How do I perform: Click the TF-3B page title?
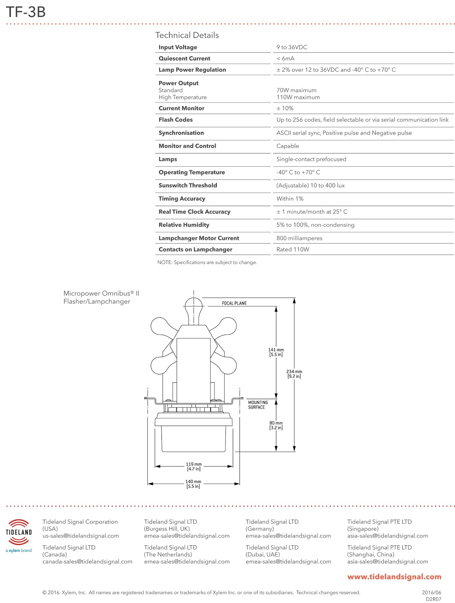[x=26, y=12]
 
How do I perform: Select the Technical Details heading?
[x=187, y=35]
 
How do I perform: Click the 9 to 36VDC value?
[x=292, y=47]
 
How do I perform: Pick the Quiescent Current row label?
[x=184, y=58]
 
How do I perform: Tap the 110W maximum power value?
[x=298, y=97]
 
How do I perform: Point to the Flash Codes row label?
[x=176, y=119]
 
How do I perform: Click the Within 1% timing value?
[x=290, y=199]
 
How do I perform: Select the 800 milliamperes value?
[x=299, y=238]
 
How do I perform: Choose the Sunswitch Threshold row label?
[x=188, y=185]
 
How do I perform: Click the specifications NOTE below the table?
[x=207, y=262]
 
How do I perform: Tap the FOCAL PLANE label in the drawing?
[x=234, y=303]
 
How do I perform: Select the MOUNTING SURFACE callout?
[x=258, y=405]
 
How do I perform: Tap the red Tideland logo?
[x=18, y=532]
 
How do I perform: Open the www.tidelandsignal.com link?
[x=394, y=577]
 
